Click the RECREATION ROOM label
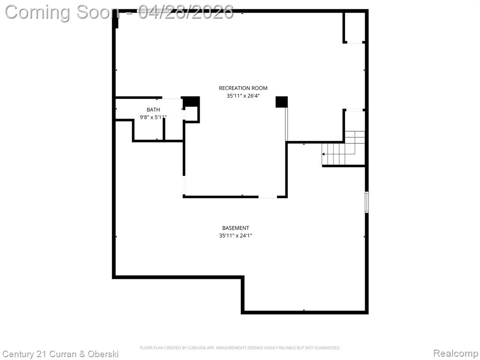(x=243, y=88)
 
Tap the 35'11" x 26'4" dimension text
(x=243, y=96)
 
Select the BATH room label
(x=153, y=110)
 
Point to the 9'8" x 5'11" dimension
(x=153, y=117)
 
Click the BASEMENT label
(x=236, y=228)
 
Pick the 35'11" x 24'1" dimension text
(x=236, y=236)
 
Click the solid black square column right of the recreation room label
(x=282, y=102)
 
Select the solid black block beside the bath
(x=191, y=101)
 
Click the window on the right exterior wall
(x=367, y=202)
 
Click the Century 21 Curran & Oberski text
(x=60, y=354)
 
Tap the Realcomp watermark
(x=456, y=353)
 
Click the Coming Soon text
(x=62, y=13)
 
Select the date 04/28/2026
(x=186, y=13)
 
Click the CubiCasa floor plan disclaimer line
(x=240, y=348)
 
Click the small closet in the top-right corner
(x=354, y=27)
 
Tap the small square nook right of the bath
(x=191, y=114)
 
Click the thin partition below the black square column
(x=286, y=124)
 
